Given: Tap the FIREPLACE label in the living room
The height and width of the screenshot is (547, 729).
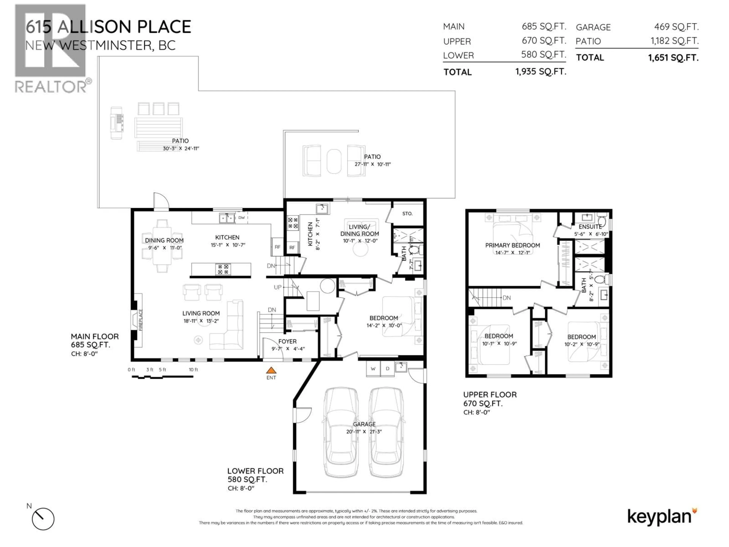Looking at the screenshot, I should coord(141,320).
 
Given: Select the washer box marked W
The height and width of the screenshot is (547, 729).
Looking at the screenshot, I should coord(373,369).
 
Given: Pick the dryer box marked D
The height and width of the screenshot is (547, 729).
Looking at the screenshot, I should coord(388,369).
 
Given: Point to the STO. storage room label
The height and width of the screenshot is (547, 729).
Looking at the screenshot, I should coord(407,214).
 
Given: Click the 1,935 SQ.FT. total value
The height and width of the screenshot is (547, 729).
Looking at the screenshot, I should coord(541,72).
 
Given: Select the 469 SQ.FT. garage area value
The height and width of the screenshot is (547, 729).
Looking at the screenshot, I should coord(676,27).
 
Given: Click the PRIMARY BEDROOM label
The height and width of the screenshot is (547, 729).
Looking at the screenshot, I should coord(512,245).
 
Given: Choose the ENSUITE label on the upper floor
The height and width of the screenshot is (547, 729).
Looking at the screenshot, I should coord(590,227).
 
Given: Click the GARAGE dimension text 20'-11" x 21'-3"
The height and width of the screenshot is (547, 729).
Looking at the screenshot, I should coord(364,432).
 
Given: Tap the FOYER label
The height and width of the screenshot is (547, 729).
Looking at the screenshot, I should coord(287,341).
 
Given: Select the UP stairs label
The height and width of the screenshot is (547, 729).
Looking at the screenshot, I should coord(278,287).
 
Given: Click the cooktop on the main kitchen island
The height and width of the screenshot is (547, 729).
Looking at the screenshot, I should coord(223,269).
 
